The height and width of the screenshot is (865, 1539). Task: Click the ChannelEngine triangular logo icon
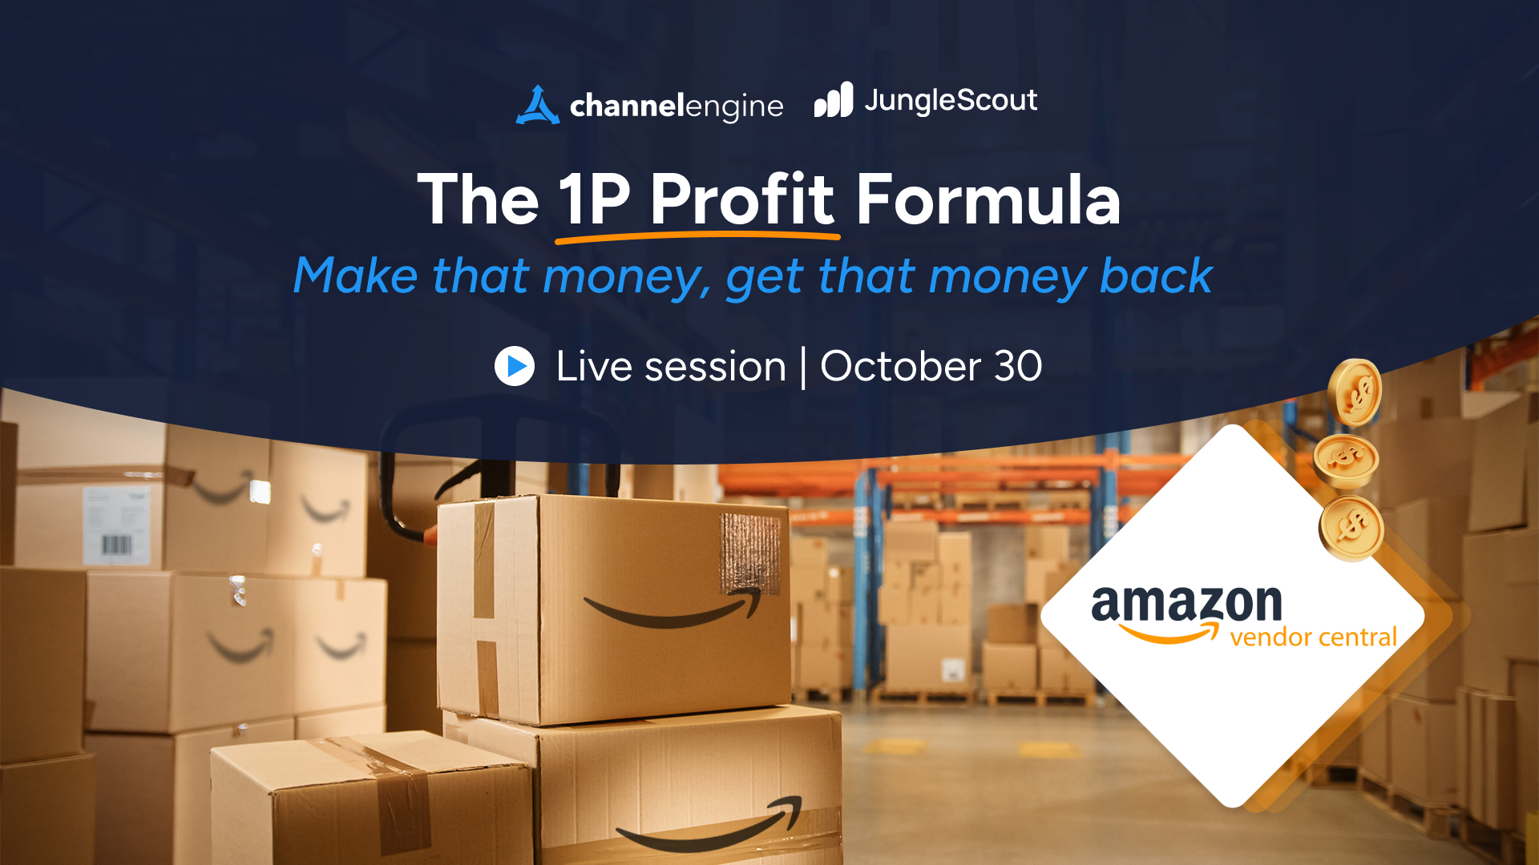pyautogui.click(x=537, y=106)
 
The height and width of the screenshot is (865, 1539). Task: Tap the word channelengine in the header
pyautogui.click(x=677, y=107)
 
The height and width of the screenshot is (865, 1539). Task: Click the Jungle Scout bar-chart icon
pyautogui.click(x=834, y=100)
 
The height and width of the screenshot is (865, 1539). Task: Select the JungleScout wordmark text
pyautogui.click(x=951, y=101)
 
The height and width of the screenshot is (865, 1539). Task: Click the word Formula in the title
pyautogui.click(x=988, y=199)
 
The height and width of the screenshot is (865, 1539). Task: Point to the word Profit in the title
pyautogui.click(x=742, y=199)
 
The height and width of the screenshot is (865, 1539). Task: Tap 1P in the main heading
pyautogui.click(x=594, y=199)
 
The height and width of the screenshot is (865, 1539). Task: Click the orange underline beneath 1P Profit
pyautogui.click(x=697, y=236)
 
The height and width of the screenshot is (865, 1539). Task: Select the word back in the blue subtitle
pyautogui.click(x=1156, y=276)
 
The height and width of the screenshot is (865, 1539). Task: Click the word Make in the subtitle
pyautogui.click(x=356, y=276)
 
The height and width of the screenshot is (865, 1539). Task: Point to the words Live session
pyautogui.click(x=671, y=367)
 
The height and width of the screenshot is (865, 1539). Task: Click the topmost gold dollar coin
pyautogui.click(x=1355, y=392)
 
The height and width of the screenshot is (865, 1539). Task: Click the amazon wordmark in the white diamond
pyautogui.click(x=1186, y=604)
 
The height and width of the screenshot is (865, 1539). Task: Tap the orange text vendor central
pyautogui.click(x=1313, y=638)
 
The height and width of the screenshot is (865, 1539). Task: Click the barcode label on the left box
pyautogui.click(x=117, y=525)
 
